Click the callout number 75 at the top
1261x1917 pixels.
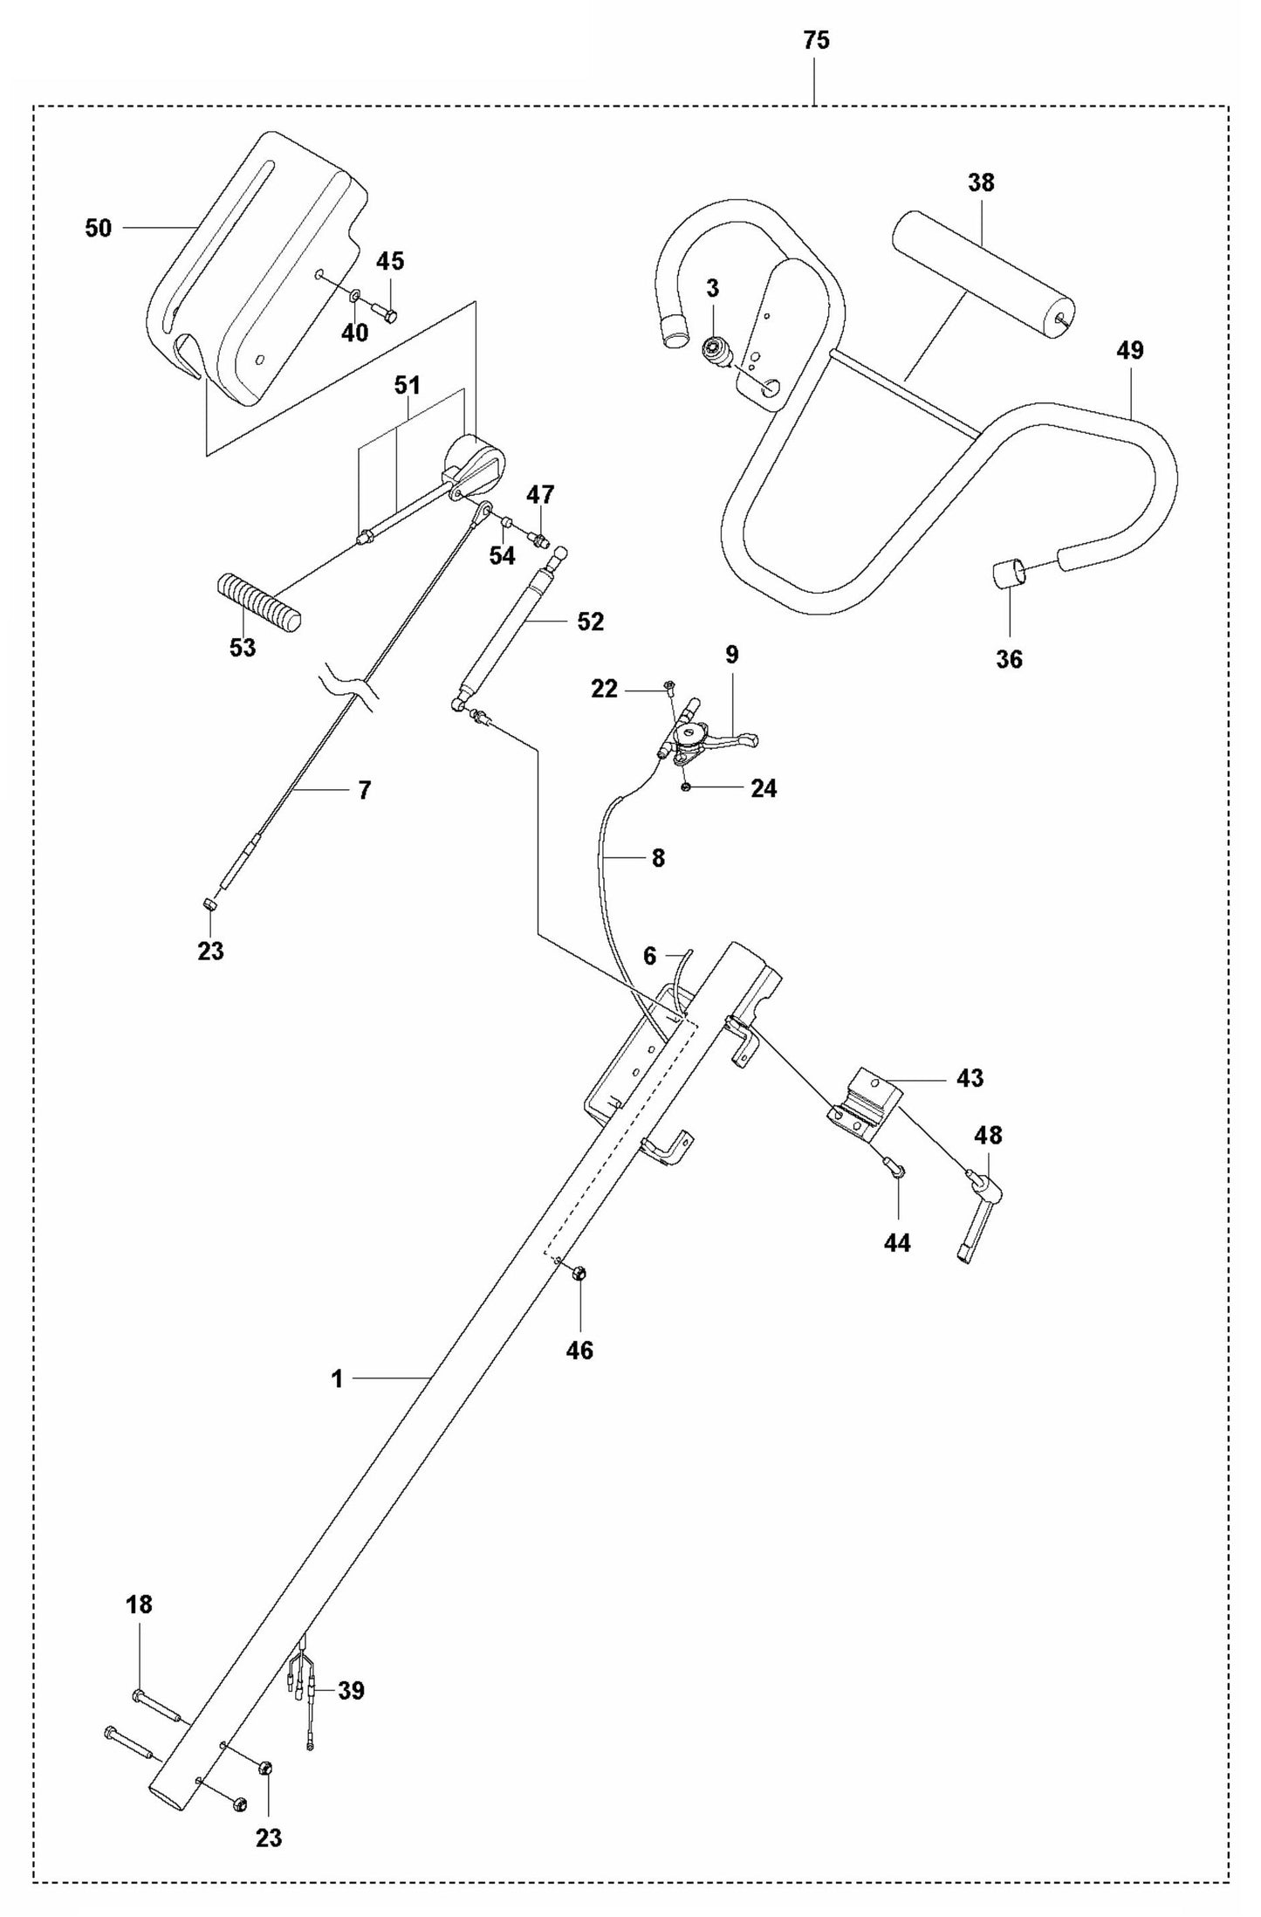(x=817, y=40)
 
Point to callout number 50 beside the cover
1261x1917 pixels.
(x=99, y=228)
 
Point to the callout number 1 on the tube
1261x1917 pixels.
(x=337, y=1379)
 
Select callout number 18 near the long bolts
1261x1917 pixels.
(x=139, y=1604)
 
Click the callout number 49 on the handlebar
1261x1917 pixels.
(x=1129, y=350)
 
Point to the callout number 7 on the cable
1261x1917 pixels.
(x=364, y=790)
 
